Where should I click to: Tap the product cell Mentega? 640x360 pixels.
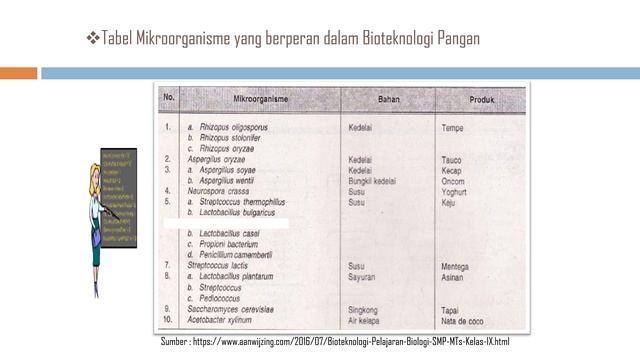(458, 266)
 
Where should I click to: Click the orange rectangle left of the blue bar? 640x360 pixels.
(18, 72)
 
